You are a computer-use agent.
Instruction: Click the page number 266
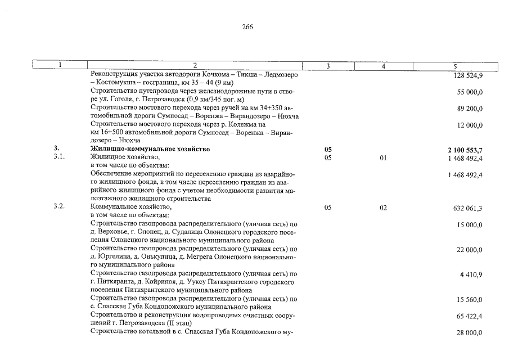pyautogui.click(x=247, y=27)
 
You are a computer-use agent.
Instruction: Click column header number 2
pyautogui.click(x=194, y=66)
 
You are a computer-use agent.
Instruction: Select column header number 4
pyautogui.click(x=383, y=66)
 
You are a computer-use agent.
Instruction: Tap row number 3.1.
pyautogui.click(x=59, y=157)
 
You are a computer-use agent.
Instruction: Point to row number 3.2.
pyautogui.click(x=59, y=208)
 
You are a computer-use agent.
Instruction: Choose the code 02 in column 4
pyautogui.click(x=383, y=208)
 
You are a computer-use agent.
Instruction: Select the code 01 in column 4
pyautogui.click(x=383, y=158)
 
